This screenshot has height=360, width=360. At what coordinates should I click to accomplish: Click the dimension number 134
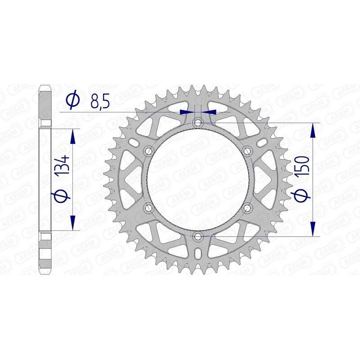63,166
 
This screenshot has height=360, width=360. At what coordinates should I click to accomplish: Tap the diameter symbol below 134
63,196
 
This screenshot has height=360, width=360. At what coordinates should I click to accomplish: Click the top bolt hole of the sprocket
198,122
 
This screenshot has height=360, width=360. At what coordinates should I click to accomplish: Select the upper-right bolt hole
247,151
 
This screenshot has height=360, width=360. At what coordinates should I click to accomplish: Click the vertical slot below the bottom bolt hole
198,254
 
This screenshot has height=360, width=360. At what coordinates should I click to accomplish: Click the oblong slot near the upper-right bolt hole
262,143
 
